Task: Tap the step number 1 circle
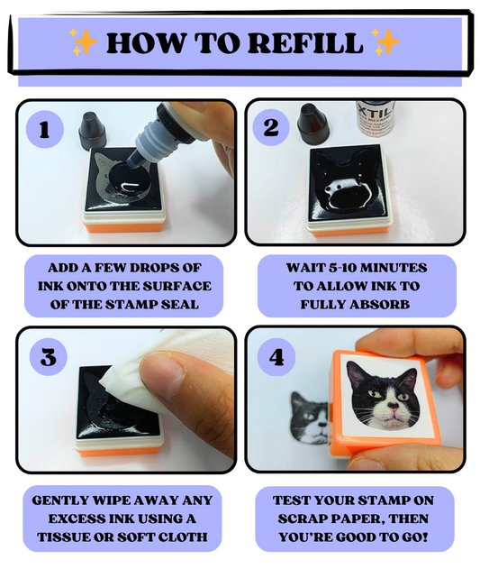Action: (x=45, y=130)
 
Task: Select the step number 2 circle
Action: (x=270, y=127)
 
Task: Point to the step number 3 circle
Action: (x=49, y=357)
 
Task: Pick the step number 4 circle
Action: (x=276, y=357)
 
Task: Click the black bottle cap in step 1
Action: (x=92, y=131)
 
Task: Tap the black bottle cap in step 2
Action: (x=312, y=122)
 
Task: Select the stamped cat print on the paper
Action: (x=309, y=418)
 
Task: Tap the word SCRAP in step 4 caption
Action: (x=300, y=519)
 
